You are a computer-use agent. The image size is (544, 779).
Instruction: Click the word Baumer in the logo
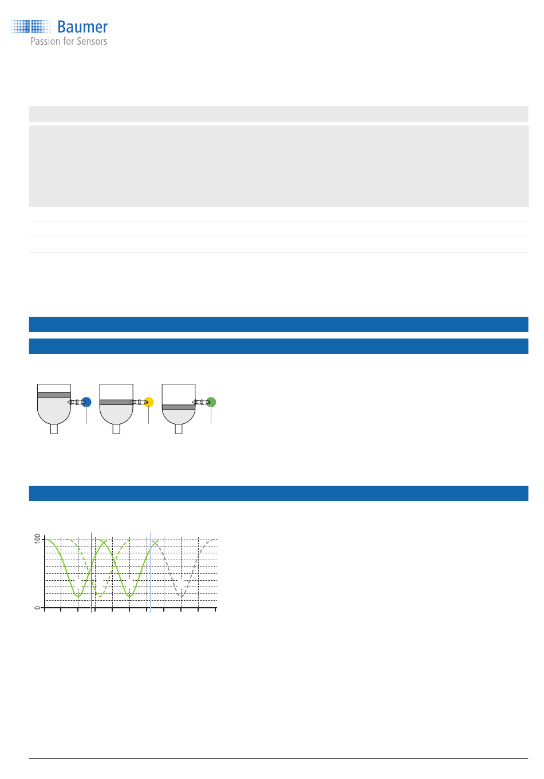[82, 27]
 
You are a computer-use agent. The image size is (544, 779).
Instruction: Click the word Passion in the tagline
[45, 41]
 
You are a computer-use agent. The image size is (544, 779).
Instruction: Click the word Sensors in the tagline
[92, 41]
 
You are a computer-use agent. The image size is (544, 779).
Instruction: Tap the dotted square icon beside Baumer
[30, 26]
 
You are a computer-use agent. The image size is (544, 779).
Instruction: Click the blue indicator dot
[86, 402]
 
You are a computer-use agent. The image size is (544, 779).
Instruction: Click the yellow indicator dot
[149, 402]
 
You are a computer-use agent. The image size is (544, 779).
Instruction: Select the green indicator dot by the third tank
[211, 402]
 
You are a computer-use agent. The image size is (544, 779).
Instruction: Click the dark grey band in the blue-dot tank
[54, 395]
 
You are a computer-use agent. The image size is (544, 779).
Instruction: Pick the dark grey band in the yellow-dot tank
[116, 402]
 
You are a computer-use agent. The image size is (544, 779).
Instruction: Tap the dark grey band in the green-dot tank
[179, 407]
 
